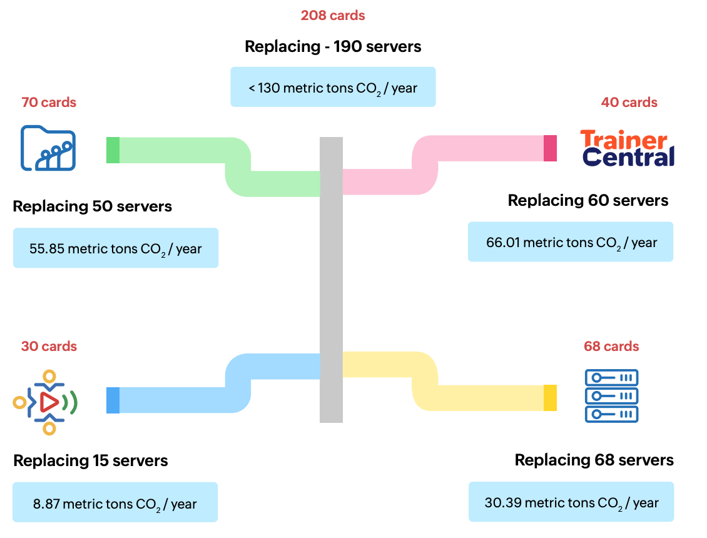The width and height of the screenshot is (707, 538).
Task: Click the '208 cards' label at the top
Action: pyautogui.click(x=333, y=16)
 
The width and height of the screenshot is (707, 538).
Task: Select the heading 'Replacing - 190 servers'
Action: pyautogui.click(x=333, y=47)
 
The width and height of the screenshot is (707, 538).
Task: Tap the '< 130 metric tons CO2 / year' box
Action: pyautogui.click(x=333, y=87)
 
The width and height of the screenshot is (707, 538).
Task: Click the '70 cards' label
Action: pyautogui.click(x=49, y=103)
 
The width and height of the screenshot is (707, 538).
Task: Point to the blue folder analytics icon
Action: pyautogui.click(x=48, y=148)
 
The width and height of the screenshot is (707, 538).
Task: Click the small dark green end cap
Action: pyautogui.click(x=113, y=150)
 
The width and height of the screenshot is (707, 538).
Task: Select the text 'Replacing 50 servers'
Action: pyautogui.click(x=92, y=206)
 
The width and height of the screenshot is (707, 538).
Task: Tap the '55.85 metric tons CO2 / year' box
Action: pyautogui.click(x=116, y=248)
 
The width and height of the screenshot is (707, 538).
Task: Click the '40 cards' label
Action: pyautogui.click(x=629, y=103)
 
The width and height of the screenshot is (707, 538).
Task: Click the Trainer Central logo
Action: pyautogui.click(x=627, y=148)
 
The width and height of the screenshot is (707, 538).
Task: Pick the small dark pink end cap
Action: pyautogui.click(x=550, y=148)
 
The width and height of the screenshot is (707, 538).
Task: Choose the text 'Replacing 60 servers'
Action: pyautogui.click(x=588, y=201)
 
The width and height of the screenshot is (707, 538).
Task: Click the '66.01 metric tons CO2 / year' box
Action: pyautogui.click(x=571, y=242)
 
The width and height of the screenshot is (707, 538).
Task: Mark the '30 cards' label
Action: pyautogui.click(x=49, y=347)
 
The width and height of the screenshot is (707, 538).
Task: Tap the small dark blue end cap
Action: pyautogui.click(x=113, y=400)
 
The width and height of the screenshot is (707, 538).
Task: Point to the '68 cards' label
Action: pyautogui.click(x=611, y=347)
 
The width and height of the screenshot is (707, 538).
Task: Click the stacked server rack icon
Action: pyautogui.click(x=611, y=396)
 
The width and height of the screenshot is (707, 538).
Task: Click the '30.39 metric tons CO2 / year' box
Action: pyautogui.click(x=571, y=502)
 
